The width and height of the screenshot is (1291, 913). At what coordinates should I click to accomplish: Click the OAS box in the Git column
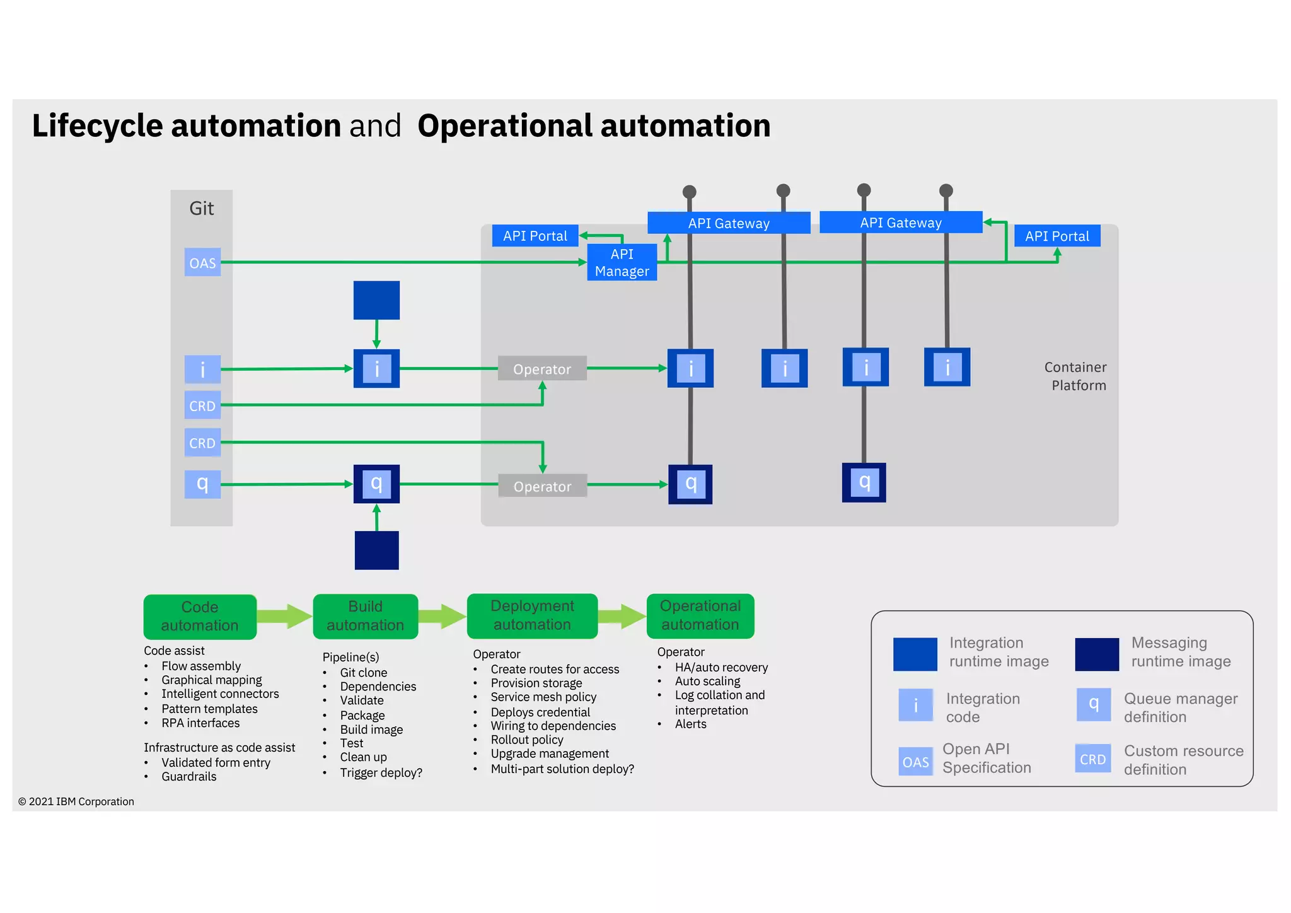pyautogui.click(x=202, y=262)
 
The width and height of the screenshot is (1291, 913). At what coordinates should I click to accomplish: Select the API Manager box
pyautogui.click(x=622, y=262)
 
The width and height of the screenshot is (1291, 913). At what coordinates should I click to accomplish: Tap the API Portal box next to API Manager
pyautogui.click(x=535, y=236)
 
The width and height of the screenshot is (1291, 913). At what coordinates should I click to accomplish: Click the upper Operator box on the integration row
pyautogui.click(x=542, y=369)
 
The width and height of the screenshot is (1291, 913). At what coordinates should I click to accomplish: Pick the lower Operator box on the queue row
pyautogui.click(x=542, y=486)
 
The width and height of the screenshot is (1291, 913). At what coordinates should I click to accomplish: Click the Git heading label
pyautogui.click(x=201, y=208)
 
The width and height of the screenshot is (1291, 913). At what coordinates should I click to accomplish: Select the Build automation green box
pyautogui.click(x=365, y=616)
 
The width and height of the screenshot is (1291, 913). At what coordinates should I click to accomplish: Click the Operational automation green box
pyautogui.click(x=700, y=615)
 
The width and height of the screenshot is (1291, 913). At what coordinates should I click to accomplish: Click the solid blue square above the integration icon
pyautogui.click(x=376, y=300)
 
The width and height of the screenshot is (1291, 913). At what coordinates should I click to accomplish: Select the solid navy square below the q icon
pyautogui.click(x=376, y=550)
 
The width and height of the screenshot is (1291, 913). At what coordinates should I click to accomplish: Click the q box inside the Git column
pyautogui.click(x=202, y=484)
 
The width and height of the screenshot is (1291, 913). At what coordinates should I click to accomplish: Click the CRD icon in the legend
pyautogui.click(x=1092, y=759)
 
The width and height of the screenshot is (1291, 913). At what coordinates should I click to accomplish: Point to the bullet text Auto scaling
pyautogui.click(x=707, y=681)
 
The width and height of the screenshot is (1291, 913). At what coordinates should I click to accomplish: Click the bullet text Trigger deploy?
pyautogui.click(x=381, y=772)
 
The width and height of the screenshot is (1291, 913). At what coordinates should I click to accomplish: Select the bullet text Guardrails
pyautogui.click(x=188, y=776)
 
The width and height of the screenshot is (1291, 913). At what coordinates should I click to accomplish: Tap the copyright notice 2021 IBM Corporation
pyautogui.click(x=76, y=801)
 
